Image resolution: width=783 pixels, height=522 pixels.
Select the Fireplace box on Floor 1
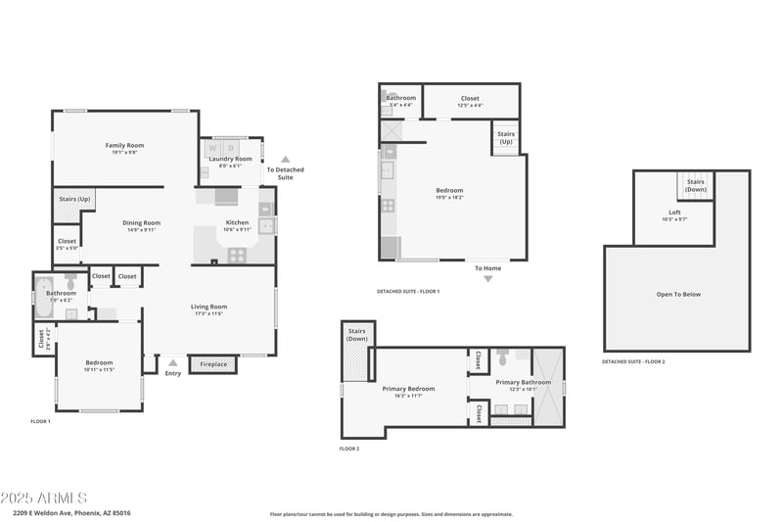click(x=213, y=364)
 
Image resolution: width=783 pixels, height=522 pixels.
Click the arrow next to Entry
click(x=173, y=363)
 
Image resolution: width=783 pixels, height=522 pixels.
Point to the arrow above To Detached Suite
click(x=285, y=158)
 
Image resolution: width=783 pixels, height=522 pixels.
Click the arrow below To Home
click(x=487, y=279)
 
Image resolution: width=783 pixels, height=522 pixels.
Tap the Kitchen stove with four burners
click(x=237, y=254)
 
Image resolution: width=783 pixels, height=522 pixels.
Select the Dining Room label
click(x=141, y=222)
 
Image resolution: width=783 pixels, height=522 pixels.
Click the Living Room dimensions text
click(x=208, y=313)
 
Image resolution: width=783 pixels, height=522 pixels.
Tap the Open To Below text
click(x=677, y=294)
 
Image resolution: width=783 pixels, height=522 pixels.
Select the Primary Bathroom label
click(x=523, y=382)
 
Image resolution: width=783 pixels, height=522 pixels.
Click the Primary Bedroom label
click(x=408, y=388)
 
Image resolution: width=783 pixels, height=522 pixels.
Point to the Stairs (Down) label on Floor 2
click(x=356, y=334)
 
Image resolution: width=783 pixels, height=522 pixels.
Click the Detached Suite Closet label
click(x=470, y=98)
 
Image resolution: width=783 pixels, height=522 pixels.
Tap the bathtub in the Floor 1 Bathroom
click(x=43, y=299)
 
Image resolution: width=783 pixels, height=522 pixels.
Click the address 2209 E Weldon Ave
click(x=72, y=512)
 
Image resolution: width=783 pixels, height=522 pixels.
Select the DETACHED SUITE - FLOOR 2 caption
click(x=633, y=361)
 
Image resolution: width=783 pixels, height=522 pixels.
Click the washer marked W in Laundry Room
click(x=213, y=149)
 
